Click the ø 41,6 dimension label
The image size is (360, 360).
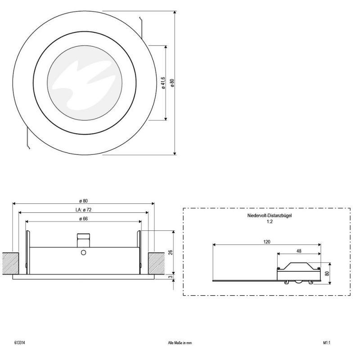tap(163, 83)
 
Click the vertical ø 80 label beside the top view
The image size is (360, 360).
tap(172, 83)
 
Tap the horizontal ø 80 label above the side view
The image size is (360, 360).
tap(84, 201)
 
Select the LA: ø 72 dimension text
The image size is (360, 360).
tap(84, 210)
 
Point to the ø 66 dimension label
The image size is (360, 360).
tap(84, 219)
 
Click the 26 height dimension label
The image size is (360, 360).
tap(171, 252)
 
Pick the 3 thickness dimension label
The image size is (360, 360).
tap(171, 277)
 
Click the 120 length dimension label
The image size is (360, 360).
tap(267, 242)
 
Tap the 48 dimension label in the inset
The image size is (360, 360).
tap(299, 251)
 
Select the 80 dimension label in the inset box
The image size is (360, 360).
tap(327, 274)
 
